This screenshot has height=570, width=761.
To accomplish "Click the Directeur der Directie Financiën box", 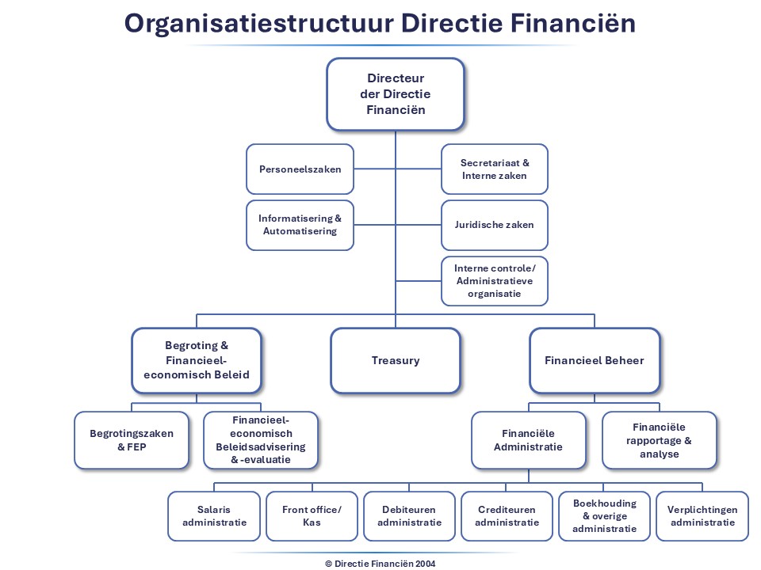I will click(396, 94).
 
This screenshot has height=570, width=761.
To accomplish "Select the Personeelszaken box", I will click(300, 169).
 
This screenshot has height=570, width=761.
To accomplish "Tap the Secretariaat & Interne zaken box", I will click(494, 169).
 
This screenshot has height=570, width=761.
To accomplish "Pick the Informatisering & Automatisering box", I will click(300, 225).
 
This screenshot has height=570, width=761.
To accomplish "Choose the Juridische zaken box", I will click(494, 225).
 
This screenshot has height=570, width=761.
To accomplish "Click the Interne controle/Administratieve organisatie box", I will click(494, 280).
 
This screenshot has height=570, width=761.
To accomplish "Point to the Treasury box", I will click(396, 360).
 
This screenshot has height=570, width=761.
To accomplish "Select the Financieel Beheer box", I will click(595, 360).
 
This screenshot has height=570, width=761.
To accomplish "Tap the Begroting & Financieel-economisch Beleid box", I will click(197, 360).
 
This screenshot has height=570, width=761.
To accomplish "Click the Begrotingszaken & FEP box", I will click(132, 439).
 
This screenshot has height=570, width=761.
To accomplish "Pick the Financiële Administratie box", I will click(529, 439).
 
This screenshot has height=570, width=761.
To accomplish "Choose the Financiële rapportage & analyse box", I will click(660, 439).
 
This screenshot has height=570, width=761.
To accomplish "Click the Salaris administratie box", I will click(214, 516).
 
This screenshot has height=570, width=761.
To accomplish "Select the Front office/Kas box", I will click(312, 516).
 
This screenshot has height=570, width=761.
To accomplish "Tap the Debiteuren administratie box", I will click(409, 516).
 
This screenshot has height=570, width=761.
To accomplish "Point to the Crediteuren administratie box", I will click(507, 516).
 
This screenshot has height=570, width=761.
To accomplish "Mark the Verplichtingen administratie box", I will click(702, 516).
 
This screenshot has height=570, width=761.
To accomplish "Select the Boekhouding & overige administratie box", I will click(604, 516).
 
